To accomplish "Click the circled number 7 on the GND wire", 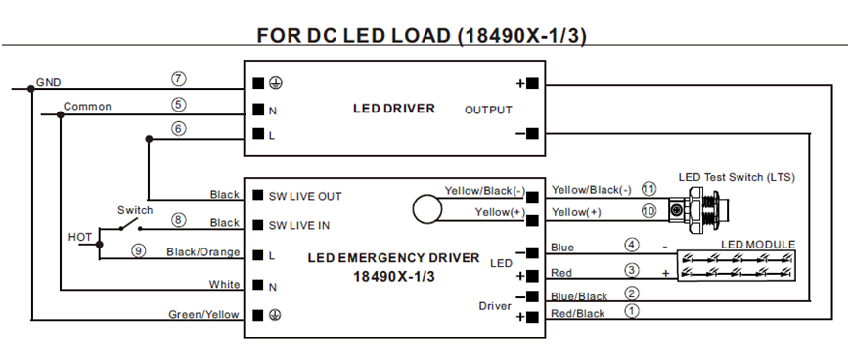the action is tap(178, 78).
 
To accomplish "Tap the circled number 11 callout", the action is tap(649, 189).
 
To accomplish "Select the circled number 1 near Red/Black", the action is tap(632, 311).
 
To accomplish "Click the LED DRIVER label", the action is tap(394, 109).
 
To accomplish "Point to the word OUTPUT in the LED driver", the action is tap(488, 110).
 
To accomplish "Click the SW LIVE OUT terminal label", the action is tap(305, 197).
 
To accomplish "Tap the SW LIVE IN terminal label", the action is tap(298, 226).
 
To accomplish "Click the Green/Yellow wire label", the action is tap(203, 314).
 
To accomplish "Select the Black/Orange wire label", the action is tap(202, 252).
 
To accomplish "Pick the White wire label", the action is tap(224, 284).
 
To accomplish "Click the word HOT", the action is tap(79, 237).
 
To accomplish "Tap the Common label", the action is tap(87, 107).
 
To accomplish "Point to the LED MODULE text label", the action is tap(758, 245).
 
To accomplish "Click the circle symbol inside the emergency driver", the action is tap(427, 208).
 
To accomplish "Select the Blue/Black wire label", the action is tap(579, 296).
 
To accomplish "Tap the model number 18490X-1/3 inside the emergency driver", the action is tap(394, 277).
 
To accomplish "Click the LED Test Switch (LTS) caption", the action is tap(737, 177).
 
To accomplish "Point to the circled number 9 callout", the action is tap(139, 250).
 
